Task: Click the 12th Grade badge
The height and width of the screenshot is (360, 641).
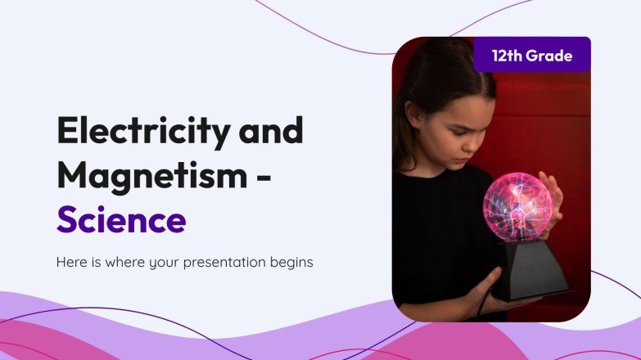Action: click(x=532, y=56)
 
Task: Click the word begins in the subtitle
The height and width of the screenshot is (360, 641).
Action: click(x=292, y=263)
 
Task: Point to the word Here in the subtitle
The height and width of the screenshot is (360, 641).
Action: click(x=71, y=263)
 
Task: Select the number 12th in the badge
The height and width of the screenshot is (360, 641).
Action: click(x=508, y=56)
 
